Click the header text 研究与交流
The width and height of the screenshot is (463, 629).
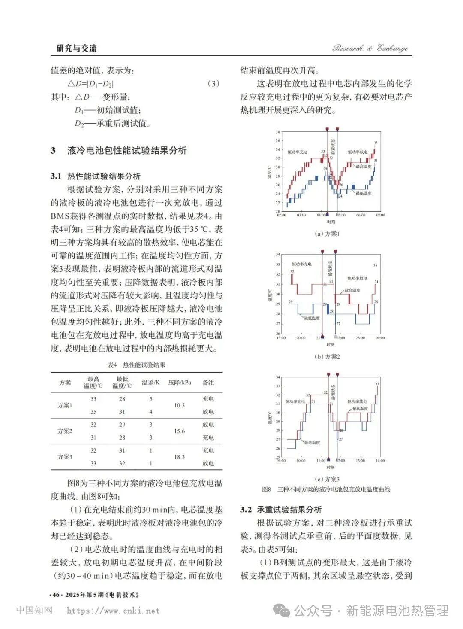coord(77,49)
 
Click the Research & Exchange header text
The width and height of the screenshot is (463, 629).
coord(370,48)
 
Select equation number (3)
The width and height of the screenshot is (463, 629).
coord(213,84)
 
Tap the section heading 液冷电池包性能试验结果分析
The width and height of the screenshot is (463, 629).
coord(127,151)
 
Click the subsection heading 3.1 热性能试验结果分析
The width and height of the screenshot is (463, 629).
coord(96,176)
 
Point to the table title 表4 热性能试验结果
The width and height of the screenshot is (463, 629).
coord(136,365)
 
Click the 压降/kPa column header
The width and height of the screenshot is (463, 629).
coord(180,382)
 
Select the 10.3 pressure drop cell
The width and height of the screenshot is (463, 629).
coord(180,405)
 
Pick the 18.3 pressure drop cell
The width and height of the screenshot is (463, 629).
coord(180,457)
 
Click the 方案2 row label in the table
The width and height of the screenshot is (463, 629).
coord(65,431)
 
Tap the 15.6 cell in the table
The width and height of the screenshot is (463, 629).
coord(180,431)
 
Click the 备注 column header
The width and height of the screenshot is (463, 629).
coord(208,382)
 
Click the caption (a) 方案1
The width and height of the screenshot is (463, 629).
coord(327,234)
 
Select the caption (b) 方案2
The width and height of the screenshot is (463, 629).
coord(327,356)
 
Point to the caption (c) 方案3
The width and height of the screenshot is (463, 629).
coord(327,479)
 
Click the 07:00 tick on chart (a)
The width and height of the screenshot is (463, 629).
coord(380,215)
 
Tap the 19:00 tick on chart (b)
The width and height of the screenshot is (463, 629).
coord(281,338)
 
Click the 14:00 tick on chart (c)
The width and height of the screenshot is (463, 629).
coord(380,461)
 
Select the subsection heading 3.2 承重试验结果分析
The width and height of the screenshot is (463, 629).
coord(281,510)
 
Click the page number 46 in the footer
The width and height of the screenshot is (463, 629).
coord(56,595)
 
